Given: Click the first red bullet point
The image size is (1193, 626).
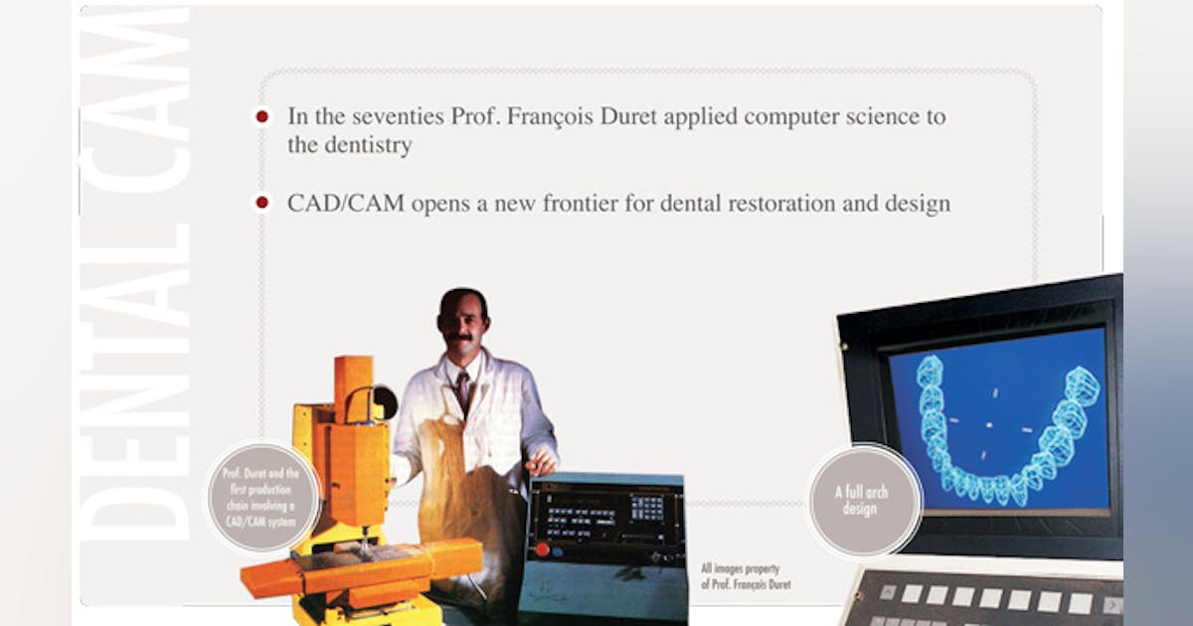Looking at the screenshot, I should [261, 116].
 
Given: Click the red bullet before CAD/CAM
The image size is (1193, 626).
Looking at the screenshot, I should [261, 203].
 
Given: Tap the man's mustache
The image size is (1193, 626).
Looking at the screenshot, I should [459, 338].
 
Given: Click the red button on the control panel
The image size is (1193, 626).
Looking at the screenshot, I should [542, 549].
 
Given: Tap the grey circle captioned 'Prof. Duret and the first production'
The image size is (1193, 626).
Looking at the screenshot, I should [262, 497].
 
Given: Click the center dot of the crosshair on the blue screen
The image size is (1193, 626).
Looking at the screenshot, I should [989, 425].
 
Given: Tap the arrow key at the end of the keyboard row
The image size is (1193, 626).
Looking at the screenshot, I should [1112, 605].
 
